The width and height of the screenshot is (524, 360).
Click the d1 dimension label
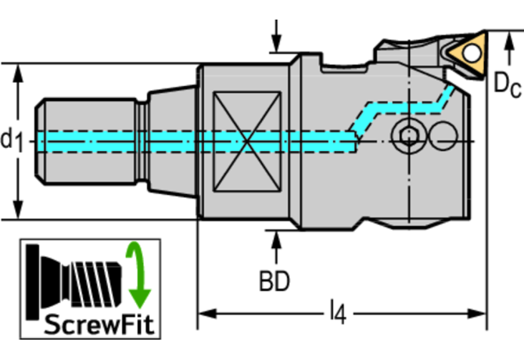[x=12, y=140]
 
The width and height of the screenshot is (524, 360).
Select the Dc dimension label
[x=507, y=85]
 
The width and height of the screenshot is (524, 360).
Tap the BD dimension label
[x=275, y=280]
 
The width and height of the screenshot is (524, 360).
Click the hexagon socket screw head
[x=407, y=136]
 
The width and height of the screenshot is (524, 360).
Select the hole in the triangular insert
[x=472, y=51]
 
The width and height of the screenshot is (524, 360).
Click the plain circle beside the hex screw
[x=443, y=135]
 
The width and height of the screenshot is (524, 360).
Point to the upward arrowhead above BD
[x=275, y=238]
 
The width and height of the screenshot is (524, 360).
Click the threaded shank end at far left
[x=66, y=141]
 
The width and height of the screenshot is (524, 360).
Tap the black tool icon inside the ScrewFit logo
[x=74, y=277]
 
